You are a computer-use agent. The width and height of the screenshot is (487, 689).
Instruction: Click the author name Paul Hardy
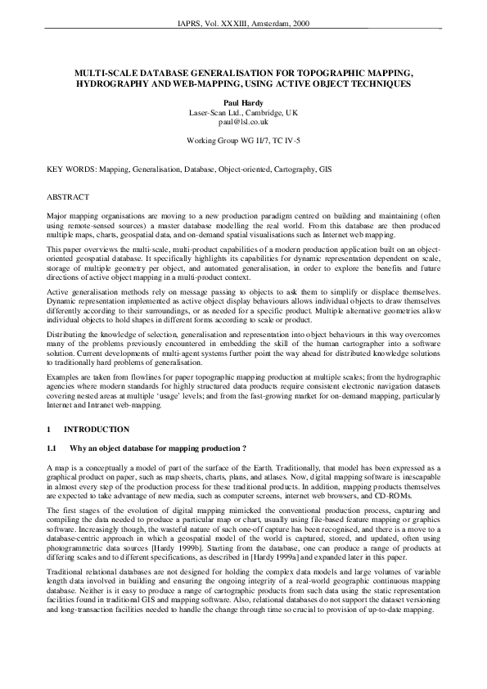coord(243,102)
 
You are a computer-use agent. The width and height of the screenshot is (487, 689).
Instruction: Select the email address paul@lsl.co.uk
coord(243,121)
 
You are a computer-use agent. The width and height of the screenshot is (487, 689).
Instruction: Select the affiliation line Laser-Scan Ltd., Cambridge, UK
coord(243,112)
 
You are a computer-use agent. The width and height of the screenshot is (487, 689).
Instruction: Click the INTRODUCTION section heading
coord(97,429)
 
